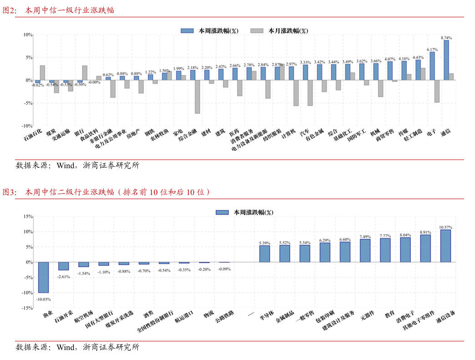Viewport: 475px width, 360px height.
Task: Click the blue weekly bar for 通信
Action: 446,60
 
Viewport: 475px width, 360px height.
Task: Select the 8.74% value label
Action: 446,38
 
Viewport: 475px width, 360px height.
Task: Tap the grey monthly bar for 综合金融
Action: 197,97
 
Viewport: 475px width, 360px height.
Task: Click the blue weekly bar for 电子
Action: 432,66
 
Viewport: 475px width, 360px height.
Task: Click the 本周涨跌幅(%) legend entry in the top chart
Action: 210,31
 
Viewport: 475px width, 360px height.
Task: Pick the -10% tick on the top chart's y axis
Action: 27,125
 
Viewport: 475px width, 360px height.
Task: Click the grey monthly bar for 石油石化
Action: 42,73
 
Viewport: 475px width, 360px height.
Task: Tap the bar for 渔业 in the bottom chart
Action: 43,277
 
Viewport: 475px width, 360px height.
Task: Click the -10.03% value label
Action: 44,299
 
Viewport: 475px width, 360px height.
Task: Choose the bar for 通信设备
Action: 445,246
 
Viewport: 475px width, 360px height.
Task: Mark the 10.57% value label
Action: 446,227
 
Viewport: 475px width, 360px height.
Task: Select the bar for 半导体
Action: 264,254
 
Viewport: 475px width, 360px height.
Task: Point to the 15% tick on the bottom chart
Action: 27,217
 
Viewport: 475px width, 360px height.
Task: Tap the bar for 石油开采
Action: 63,266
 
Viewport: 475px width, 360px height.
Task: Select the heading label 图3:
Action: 10,192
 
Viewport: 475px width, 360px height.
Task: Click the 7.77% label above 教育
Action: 385,236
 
